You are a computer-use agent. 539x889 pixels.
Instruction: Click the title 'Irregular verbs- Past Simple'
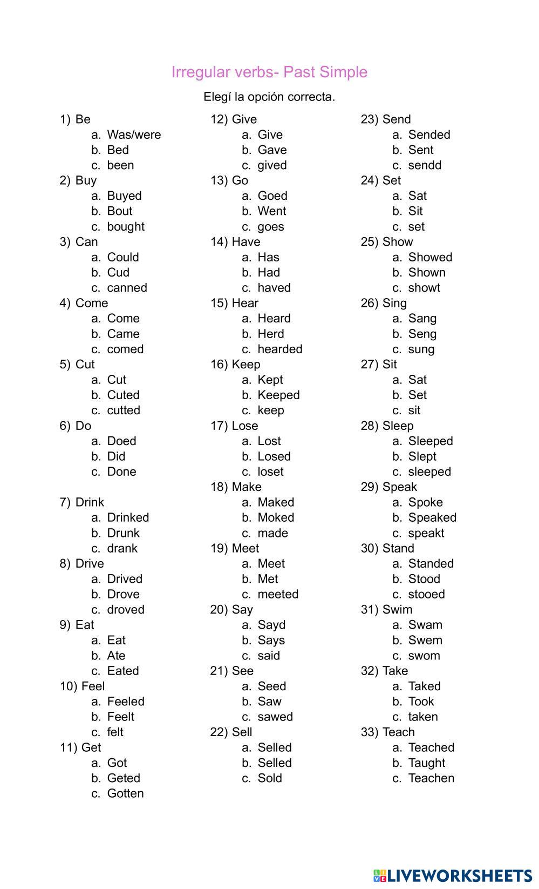click(x=269, y=72)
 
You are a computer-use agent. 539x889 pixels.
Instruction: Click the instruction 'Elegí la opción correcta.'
click(x=269, y=97)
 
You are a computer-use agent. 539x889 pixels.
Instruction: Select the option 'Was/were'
click(x=134, y=134)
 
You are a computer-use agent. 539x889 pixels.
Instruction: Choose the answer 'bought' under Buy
click(x=126, y=226)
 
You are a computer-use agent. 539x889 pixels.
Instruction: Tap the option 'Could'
click(x=123, y=257)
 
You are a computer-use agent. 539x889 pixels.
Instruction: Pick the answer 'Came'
click(x=123, y=334)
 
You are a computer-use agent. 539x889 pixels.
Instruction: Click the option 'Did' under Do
click(x=116, y=456)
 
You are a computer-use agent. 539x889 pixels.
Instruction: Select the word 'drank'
click(x=122, y=548)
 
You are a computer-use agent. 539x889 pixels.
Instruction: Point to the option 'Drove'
click(x=123, y=594)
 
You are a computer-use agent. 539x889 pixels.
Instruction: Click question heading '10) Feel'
click(x=82, y=686)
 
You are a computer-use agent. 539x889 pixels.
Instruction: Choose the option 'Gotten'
click(x=125, y=793)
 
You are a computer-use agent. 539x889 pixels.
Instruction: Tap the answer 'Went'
click(x=272, y=211)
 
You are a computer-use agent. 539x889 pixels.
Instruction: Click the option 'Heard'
click(x=274, y=318)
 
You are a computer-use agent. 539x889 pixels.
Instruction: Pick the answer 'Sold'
click(x=270, y=778)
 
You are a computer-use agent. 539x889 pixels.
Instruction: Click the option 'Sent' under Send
click(x=421, y=150)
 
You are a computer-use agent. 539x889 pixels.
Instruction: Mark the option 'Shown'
click(x=427, y=272)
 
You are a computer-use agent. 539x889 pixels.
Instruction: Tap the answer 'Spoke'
click(x=425, y=502)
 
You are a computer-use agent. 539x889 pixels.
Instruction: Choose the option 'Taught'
click(x=427, y=763)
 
